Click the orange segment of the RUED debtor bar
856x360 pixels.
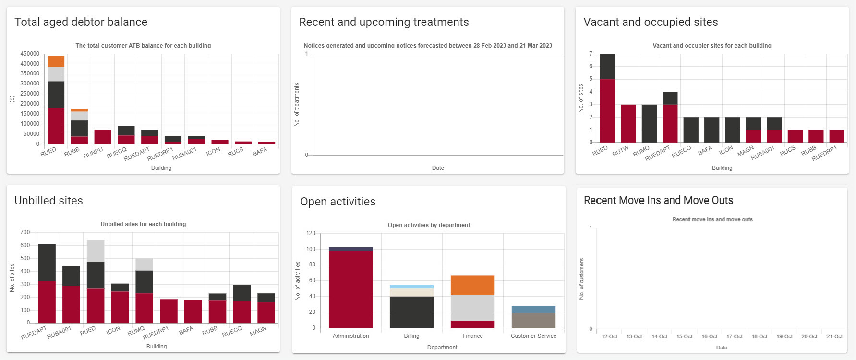[56, 61]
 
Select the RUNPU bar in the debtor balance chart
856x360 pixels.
[103, 137]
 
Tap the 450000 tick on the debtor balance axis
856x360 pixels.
[30, 54]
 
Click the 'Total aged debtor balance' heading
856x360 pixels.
[81, 22]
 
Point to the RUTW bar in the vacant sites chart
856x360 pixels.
[628, 123]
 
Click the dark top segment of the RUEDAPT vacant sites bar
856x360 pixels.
[670, 98]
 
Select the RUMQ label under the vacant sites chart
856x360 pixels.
[641, 151]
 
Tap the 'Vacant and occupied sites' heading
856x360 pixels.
[651, 22]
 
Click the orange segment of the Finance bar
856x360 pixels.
[472, 285]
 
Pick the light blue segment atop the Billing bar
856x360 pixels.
[411, 287]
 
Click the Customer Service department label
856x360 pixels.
[533, 336]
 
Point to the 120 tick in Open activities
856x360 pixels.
[311, 233]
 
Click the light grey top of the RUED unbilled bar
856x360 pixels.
[96, 251]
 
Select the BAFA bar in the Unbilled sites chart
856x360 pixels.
[193, 312]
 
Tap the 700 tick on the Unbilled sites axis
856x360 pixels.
[25, 232]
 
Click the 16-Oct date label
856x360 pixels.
[709, 336]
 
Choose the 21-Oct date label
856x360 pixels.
[834, 336]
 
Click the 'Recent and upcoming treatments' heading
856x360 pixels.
[384, 22]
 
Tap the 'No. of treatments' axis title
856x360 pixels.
[297, 105]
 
